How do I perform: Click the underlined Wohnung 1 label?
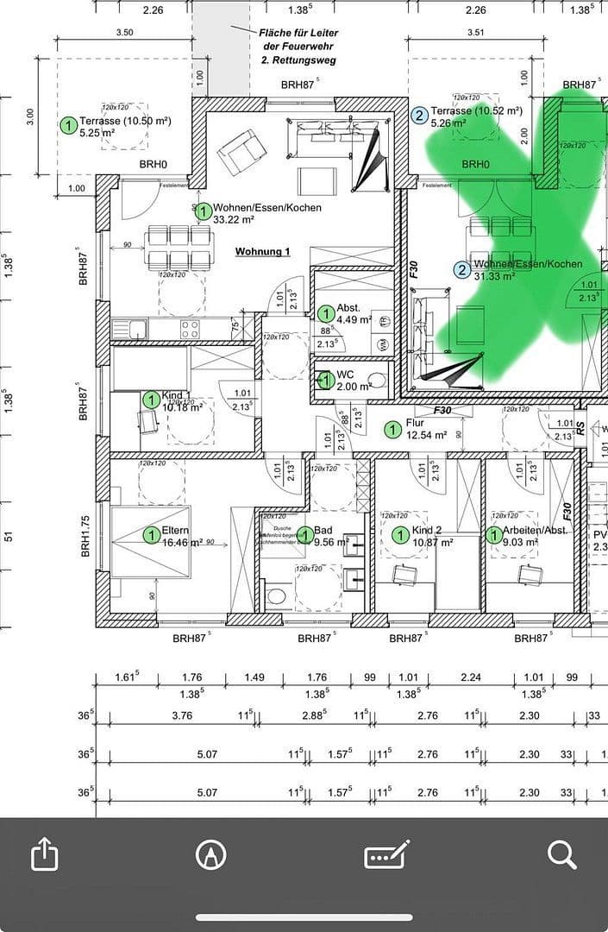tap(262, 251)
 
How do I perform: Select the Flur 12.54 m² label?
tap(426, 430)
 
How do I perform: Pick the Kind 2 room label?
tap(432, 536)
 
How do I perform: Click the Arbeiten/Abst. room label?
tap(536, 536)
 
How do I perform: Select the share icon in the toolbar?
tap(44, 854)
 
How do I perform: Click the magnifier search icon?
tap(561, 854)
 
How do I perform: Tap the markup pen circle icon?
tap(208, 854)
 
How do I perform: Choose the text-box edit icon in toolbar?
tap(385, 855)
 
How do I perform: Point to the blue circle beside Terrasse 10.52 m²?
tap(420, 116)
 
